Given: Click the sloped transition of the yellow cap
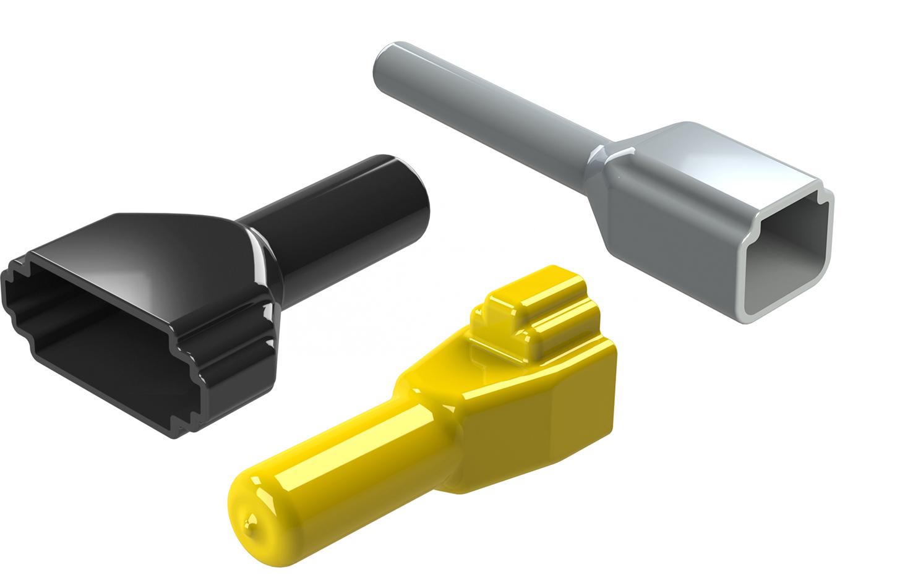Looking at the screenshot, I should [x=433, y=396].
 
